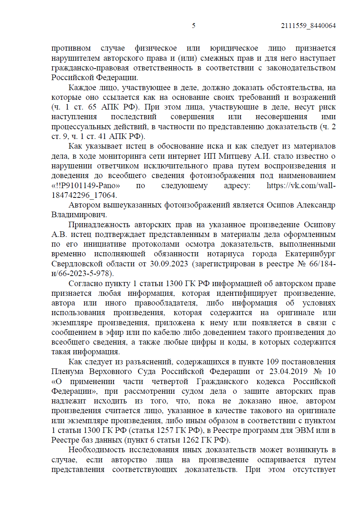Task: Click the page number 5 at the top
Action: [194, 26]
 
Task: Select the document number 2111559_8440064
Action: [308, 26]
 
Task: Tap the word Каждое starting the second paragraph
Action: [82, 88]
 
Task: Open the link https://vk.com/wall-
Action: [301, 186]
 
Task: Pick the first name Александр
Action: [316, 205]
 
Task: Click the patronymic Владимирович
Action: [79, 215]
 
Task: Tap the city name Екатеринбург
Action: [310, 254]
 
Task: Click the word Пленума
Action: [67, 371]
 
